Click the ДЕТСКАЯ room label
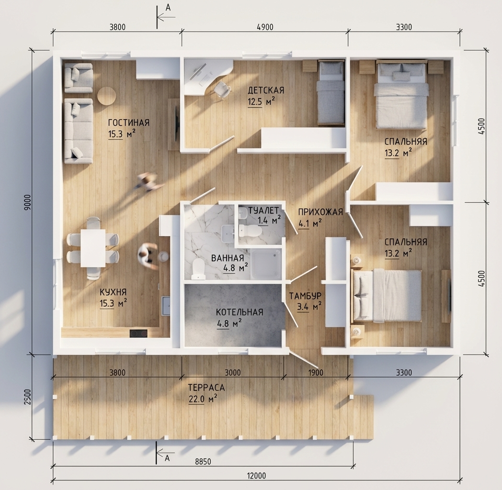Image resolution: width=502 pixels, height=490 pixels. tap(266, 90)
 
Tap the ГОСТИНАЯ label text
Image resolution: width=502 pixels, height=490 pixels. tap(129, 123)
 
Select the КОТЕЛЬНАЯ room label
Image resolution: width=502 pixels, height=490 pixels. tap(240, 312)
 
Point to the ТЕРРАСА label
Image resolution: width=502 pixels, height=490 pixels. tap(206, 388)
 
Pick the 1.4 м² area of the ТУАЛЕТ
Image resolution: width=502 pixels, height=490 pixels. tap(269, 220)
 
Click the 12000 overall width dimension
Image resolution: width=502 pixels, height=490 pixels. tap(256, 476)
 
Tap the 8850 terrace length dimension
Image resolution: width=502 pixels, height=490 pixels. tap(203, 462)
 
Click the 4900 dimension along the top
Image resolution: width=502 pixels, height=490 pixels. tap(265, 27)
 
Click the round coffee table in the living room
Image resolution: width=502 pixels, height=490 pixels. tap(106, 96)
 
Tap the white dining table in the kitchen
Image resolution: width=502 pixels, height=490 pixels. tap(93, 248)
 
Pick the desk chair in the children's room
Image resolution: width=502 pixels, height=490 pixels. tap(222, 89)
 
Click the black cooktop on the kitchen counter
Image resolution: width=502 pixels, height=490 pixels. tap(138, 333)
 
